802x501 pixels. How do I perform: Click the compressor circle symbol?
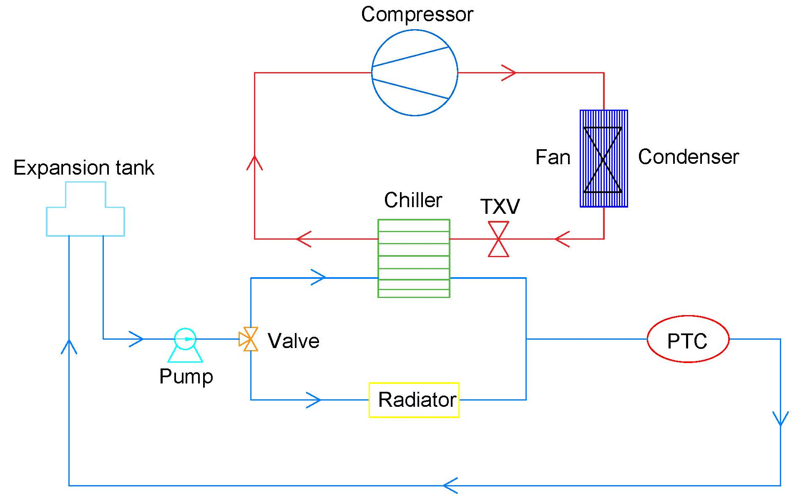point(415,73)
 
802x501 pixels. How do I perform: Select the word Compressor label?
point(417,15)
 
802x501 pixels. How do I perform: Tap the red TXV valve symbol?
point(498,239)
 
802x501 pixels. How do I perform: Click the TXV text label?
point(500,206)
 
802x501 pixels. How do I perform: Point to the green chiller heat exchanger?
point(414,258)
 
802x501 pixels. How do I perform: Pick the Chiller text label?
point(413,200)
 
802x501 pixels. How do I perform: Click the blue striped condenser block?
point(603,159)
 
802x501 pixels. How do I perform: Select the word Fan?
point(553,158)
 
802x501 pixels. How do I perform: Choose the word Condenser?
point(688,157)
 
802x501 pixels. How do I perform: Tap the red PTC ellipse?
point(688,339)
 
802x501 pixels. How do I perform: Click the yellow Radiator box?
point(414,400)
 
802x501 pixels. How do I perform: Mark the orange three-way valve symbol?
point(249,339)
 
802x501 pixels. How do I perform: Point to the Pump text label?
point(186,376)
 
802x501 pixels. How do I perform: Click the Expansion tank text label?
point(84,168)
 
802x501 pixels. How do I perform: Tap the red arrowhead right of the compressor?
point(509,73)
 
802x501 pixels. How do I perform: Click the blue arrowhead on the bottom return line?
point(451,486)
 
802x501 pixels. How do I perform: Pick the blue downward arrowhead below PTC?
point(780,418)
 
